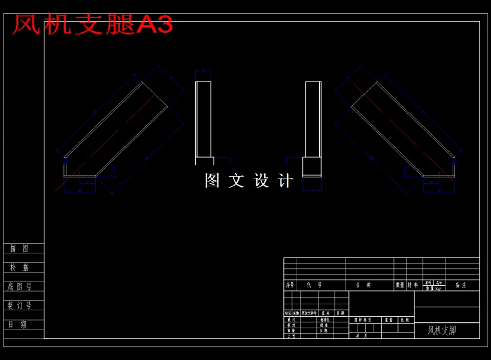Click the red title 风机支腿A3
[x=92, y=25]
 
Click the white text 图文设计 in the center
[x=248, y=181]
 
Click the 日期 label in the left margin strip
[x=19, y=325]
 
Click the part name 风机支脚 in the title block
[x=442, y=330]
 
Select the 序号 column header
[x=290, y=286]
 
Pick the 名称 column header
[x=363, y=286]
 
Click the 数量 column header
[x=400, y=286]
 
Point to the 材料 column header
[x=413, y=286]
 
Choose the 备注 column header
[x=460, y=286]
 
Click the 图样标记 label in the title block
[x=363, y=320]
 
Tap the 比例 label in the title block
[x=405, y=320]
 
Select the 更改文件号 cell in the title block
[x=309, y=313]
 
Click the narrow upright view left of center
[x=204, y=120]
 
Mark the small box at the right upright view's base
[x=311, y=167]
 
